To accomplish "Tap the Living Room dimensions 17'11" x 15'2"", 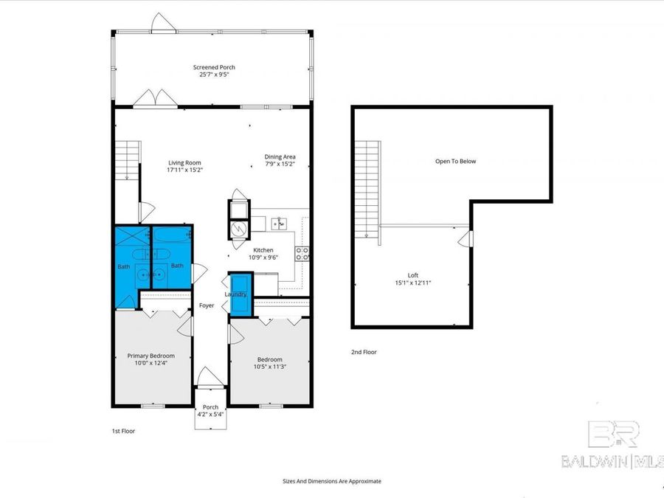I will tap(184, 170).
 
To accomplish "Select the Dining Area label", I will tap(280, 156).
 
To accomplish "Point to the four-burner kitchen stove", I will tap(302, 253).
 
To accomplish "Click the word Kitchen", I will tap(264, 250).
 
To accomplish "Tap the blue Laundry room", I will tap(240, 294).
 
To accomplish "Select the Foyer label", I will tap(207, 305).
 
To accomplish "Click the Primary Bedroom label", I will tap(151, 356).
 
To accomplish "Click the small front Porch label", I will tap(211, 407).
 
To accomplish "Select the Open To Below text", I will tap(455, 161).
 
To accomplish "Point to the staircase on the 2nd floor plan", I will tap(367, 189).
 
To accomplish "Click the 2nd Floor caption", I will tap(364, 352).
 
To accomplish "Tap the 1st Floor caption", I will tap(123, 430).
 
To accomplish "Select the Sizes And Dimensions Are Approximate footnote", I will tap(332, 481).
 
